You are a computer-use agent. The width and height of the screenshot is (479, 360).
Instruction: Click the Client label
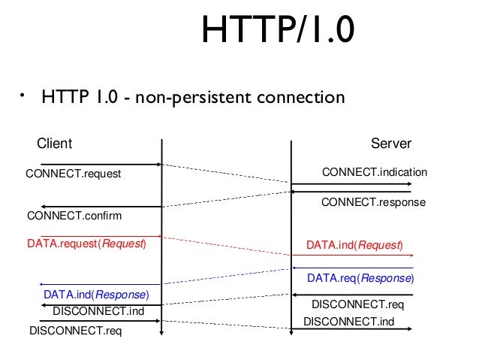click(54, 144)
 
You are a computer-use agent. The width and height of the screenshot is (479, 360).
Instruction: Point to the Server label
click(391, 144)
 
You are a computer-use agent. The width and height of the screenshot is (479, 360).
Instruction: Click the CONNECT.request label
click(74, 174)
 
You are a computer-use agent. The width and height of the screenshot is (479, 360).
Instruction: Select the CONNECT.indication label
click(374, 173)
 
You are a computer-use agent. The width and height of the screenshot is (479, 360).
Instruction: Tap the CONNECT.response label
click(373, 202)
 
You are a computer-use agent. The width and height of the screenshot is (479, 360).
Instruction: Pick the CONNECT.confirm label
click(74, 216)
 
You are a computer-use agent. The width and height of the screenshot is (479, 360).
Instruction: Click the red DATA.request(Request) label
click(86, 244)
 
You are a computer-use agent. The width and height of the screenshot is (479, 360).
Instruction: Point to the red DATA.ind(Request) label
click(354, 245)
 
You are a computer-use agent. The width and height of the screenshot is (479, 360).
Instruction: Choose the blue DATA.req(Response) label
click(360, 278)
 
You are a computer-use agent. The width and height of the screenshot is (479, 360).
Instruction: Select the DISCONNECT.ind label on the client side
click(98, 310)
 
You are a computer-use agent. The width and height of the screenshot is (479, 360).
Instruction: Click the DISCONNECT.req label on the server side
click(358, 305)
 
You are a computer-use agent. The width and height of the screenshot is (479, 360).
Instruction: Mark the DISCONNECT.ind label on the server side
click(348, 322)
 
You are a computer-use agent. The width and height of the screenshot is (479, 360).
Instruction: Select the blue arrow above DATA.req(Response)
click(353, 268)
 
